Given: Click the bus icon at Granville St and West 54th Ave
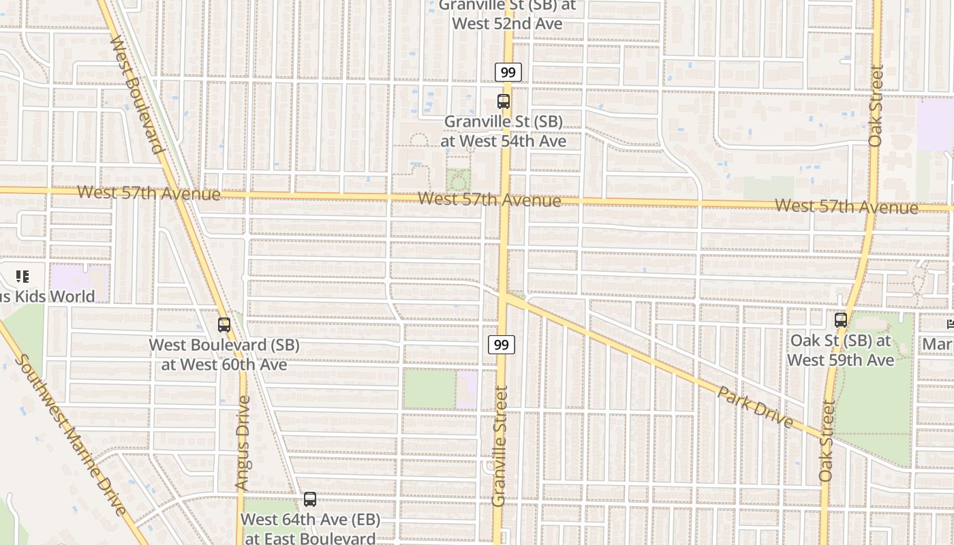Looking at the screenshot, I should coord(504,102).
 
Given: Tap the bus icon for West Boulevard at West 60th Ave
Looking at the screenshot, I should coord(224,325).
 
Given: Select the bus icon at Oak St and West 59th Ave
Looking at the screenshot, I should coord(841,320).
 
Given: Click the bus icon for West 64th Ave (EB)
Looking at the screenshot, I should coord(310,499).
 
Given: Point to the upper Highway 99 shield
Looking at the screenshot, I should coord(508,72).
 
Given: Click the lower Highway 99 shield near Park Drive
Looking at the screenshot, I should coord(501,345).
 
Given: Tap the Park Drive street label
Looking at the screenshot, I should coord(756,407).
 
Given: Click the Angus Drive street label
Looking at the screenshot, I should coord(243,443).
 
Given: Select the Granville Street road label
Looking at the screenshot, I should coord(501,446).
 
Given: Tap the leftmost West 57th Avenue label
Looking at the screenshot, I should coord(149,193).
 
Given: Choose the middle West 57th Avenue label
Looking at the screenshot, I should coord(489,200).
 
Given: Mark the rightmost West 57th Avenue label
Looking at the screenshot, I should coord(846,206).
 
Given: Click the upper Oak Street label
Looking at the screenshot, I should coord(876,106).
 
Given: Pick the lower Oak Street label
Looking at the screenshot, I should coord(827,441).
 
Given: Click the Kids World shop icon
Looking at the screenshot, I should coord(22,277).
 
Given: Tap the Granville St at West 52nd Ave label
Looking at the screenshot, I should coord(508,15).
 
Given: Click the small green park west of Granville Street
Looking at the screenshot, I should coord(429,389).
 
